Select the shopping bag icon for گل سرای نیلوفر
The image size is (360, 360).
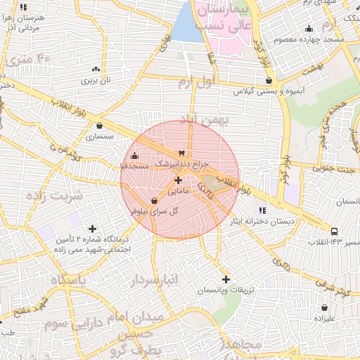click(154, 201)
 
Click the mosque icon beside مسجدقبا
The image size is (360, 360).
click(135, 155)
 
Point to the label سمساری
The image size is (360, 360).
click(99, 137)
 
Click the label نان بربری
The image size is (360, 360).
click(96, 81)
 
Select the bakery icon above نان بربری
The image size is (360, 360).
click(96, 70)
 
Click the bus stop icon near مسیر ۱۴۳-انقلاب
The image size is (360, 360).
click(334, 231)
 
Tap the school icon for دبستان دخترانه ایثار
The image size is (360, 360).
click(262, 210)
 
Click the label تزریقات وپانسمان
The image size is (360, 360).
click(225, 290)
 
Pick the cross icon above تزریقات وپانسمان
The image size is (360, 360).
click(225, 279)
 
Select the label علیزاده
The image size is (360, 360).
click(324, 318)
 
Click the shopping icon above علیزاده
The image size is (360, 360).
click(324, 307)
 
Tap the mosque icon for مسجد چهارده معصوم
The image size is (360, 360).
click(309, 29)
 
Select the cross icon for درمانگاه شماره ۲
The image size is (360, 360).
click(92, 228)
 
